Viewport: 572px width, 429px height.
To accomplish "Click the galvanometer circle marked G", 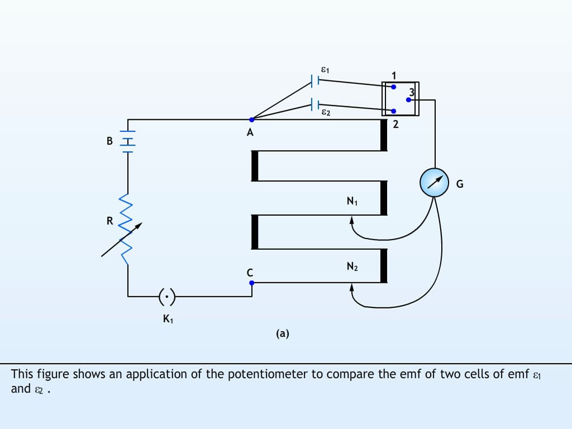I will click(434, 182).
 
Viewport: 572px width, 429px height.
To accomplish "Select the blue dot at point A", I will click(251, 120).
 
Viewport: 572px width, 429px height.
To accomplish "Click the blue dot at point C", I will click(251, 283).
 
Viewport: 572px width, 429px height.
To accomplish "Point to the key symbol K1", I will click(167, 296).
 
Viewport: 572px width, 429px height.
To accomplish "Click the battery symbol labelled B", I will click(128, 141).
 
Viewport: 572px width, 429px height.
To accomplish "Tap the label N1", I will click(351, 202).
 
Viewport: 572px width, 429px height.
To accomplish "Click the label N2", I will click(351, 267).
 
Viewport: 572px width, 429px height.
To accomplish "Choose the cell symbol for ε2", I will click(314, 104).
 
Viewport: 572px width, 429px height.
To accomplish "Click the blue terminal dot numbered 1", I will click(393, 87).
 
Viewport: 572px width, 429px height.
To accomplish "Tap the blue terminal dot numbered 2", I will click(393, 111).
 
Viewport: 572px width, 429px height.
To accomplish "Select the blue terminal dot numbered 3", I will click(409, 100).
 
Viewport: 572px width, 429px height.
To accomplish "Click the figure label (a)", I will click(282, 333).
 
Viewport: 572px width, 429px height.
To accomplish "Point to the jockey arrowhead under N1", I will click(352, 221).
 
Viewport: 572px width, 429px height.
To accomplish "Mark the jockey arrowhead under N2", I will click(352, 288).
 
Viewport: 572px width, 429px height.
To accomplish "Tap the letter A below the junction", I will click(250, 133).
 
